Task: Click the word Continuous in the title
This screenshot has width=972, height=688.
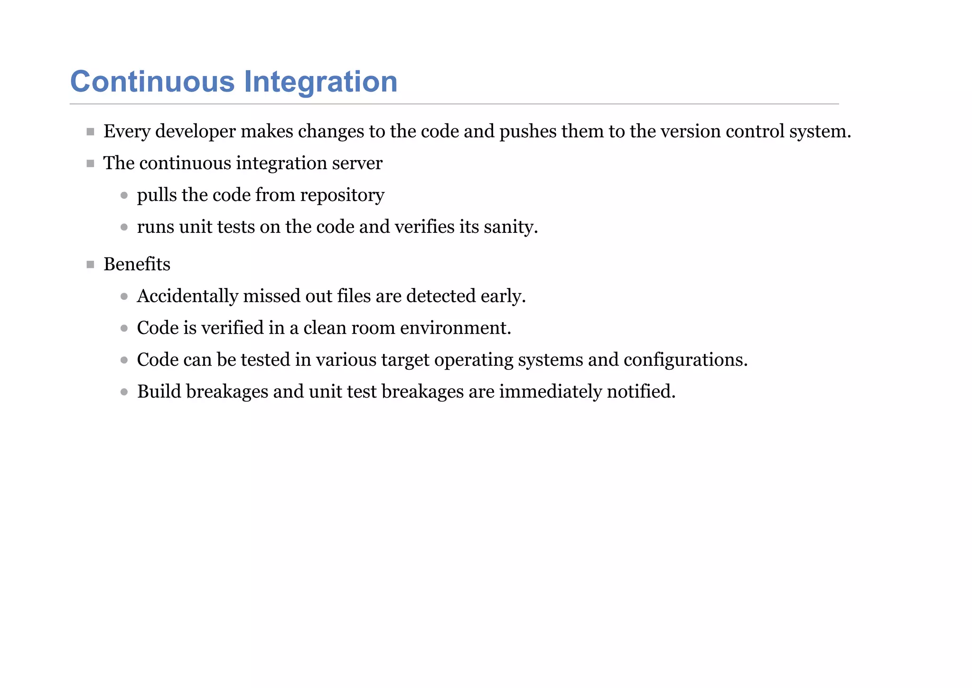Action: pos(152,82)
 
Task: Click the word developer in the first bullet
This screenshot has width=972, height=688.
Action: pos(195,132)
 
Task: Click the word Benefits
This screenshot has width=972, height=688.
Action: pos(137,264)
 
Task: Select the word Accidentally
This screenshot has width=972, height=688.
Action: pos(187,296)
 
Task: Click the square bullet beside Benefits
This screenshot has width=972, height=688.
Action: pos(91,265)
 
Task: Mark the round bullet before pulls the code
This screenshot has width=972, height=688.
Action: pos(124,195)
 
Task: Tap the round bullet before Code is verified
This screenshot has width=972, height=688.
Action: pos(124,328)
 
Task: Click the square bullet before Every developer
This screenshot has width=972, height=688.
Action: pos(91,132)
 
